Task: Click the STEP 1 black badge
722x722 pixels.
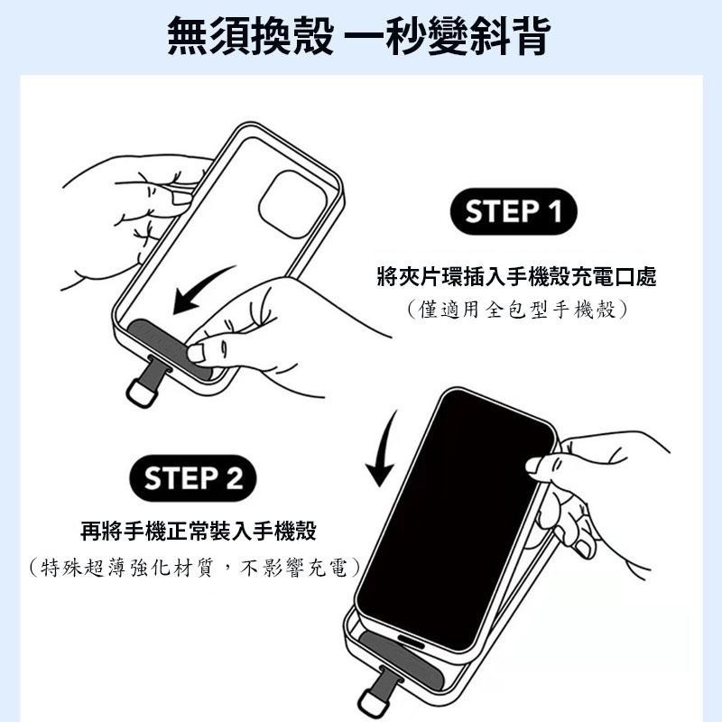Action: (514, 212)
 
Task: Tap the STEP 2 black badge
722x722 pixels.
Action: (193, 478)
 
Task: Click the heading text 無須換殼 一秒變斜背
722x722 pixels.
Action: (360, 36)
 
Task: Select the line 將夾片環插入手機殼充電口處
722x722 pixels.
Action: (515, 277)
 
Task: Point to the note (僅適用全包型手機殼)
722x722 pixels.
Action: (515, 310)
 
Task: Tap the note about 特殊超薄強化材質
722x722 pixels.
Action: (193, 568)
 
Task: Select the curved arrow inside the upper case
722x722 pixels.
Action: (203, 291)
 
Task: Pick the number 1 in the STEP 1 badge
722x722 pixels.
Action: (551, 212)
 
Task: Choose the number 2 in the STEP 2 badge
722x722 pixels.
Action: (233, 478)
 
